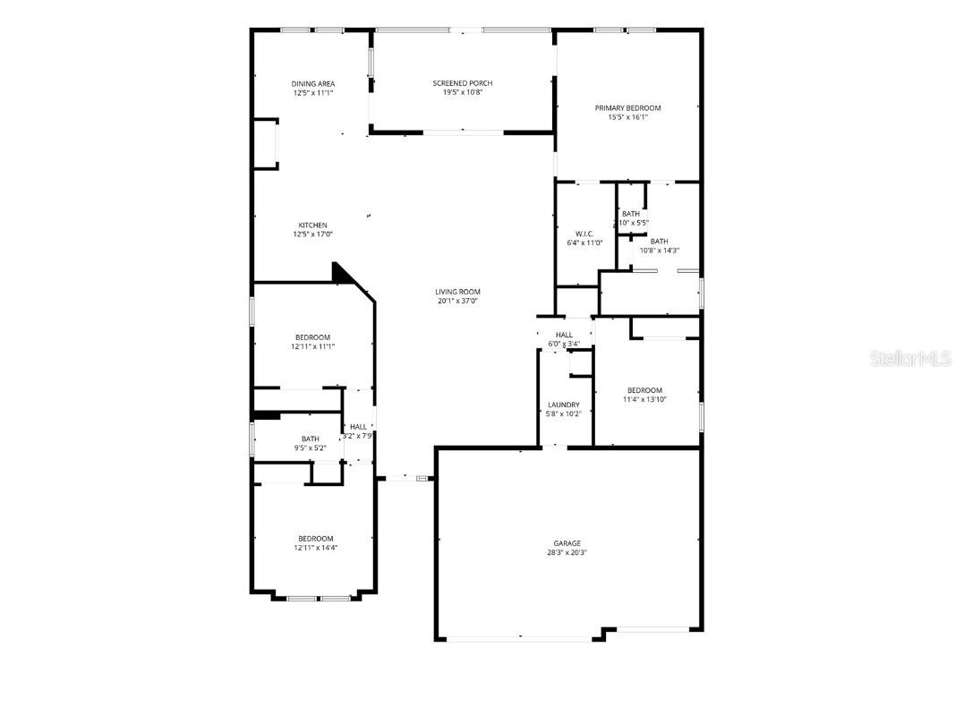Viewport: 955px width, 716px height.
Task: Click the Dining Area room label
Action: [x=313, y=83]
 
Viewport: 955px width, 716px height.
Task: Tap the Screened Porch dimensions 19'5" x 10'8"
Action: [x=463, y=92]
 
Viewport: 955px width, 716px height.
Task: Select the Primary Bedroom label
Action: [x=627, y=107]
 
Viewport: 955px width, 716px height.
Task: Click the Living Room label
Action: [x=458, y=291]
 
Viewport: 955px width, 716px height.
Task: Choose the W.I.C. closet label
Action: [x=584, y=234]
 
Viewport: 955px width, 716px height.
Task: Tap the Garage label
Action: [x=567, y=543]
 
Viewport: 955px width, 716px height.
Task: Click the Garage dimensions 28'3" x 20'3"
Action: [x=567, y=553]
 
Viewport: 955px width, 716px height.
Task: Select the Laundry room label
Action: [x=563, y=405]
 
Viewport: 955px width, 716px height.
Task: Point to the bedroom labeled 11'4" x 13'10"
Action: [x=644, y=395]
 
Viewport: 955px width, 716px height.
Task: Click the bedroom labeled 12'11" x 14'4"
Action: [x=315, y=543]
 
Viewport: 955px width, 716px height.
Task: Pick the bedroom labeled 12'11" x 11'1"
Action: [x=313, y=341]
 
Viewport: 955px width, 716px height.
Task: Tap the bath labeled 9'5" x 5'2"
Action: [x=310, y=443]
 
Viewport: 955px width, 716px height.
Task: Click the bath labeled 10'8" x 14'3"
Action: [x=659, y=246]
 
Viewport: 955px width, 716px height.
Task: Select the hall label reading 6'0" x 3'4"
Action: [x=564, y=339]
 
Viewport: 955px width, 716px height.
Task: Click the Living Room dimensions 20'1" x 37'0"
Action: [x=458, y=301]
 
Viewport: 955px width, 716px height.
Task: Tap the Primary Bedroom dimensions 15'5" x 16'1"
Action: [x=627, y=116]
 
